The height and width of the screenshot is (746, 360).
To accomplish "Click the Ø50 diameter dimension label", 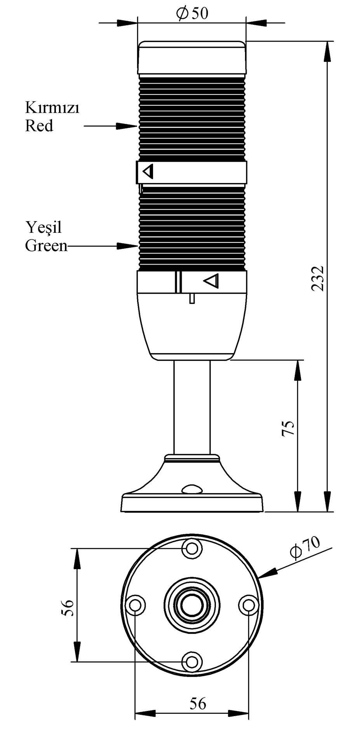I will click(x=192, y=14).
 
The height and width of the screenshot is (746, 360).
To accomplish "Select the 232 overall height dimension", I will click(x=318, y=278).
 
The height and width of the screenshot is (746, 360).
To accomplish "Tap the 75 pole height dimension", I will click(x=288, y=428).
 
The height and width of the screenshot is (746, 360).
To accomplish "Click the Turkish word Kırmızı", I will click(x=52, y=108).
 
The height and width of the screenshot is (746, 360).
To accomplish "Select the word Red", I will click(x=39, y=126).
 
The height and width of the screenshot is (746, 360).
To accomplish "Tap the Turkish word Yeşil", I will click(x=44, y=227).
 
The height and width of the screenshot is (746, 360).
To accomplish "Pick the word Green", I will click(x=46, y=246).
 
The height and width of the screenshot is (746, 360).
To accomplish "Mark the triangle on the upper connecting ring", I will click(x=148, y=171).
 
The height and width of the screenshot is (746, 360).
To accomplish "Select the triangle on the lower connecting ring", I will click(x=212, y=281).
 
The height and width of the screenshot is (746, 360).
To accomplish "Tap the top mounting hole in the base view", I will click(x=191, y=549).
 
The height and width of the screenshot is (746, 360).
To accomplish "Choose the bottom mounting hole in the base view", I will click(x=191, y=662).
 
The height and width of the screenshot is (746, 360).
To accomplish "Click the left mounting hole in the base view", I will click(x=135, y=605).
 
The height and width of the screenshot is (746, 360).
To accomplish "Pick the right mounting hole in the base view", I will click(x=248, y=605).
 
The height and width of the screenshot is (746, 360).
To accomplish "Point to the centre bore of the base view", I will click(x=191, y=605).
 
